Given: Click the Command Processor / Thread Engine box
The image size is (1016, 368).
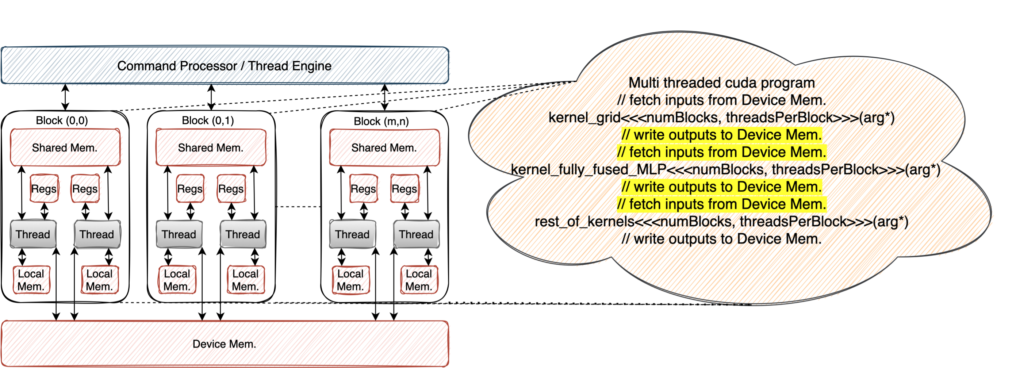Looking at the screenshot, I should point(225,65).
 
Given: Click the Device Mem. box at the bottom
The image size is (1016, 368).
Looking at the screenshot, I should point(225,344).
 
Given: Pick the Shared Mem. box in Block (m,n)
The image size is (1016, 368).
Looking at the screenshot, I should point(384,147).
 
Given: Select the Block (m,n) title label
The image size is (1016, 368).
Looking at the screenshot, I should point(381,121).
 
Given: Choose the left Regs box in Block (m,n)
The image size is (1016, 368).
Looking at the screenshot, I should point(363,189).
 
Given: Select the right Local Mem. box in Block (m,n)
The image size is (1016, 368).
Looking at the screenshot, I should point(419,280).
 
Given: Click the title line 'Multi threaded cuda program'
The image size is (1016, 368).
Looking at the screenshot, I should point(721,83).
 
